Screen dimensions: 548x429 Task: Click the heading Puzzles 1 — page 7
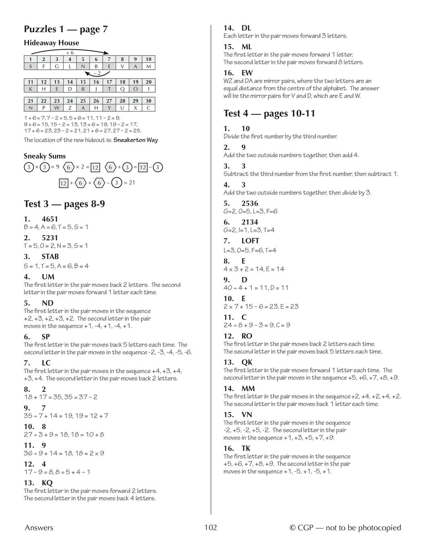[66, 29]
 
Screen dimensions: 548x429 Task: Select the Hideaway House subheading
[51, 43]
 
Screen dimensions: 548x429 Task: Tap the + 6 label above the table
[70, 52]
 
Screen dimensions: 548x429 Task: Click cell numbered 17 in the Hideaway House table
[109, 82]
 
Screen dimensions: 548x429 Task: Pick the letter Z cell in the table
[70, 108]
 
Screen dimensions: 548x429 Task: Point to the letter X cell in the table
[135, 108]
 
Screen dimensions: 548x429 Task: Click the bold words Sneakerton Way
[136, 140]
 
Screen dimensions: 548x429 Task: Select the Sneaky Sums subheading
[44, 156]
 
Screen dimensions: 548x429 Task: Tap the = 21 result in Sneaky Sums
[129, 183]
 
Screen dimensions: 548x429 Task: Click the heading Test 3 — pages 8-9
[64, 204]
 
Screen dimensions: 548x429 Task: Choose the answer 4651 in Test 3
[50, 219]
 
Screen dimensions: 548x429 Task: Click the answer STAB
[50, 256]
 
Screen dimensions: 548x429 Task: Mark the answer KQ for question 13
[47, 483]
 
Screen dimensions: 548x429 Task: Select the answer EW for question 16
[247, 73]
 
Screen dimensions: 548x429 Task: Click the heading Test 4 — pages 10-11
[269, 113]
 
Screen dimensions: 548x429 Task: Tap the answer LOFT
[250, 241]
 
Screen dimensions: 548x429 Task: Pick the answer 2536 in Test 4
[250, 203]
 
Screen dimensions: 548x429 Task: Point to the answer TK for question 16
[246, 448]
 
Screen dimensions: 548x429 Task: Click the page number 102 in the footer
[210, 527]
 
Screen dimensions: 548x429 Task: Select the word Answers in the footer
[39, 527]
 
